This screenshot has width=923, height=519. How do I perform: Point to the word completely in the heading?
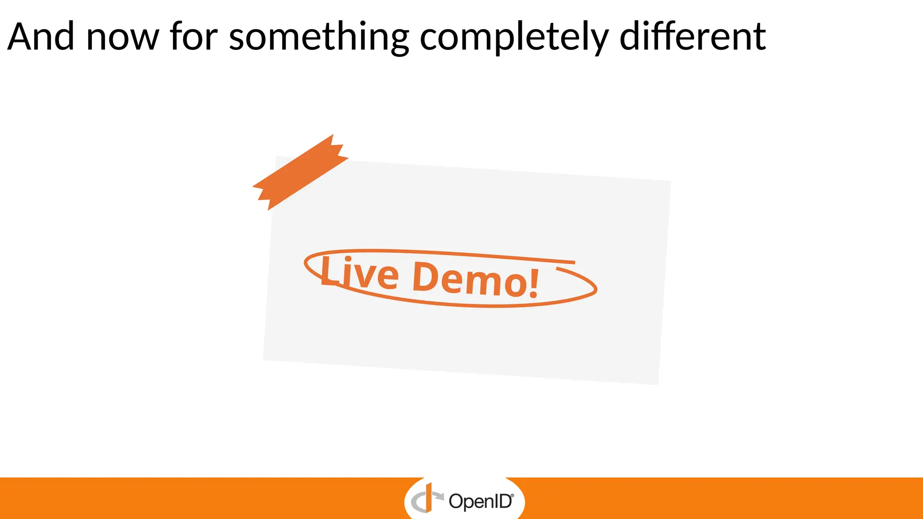tap(514, 38)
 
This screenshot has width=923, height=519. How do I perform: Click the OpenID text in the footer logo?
tap(480, 501)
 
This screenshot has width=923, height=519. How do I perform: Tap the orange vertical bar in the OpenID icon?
tap(429, 497)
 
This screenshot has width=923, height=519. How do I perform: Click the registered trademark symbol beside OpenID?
tap(512, 495)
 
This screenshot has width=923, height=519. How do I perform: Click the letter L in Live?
tap(329, 270)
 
